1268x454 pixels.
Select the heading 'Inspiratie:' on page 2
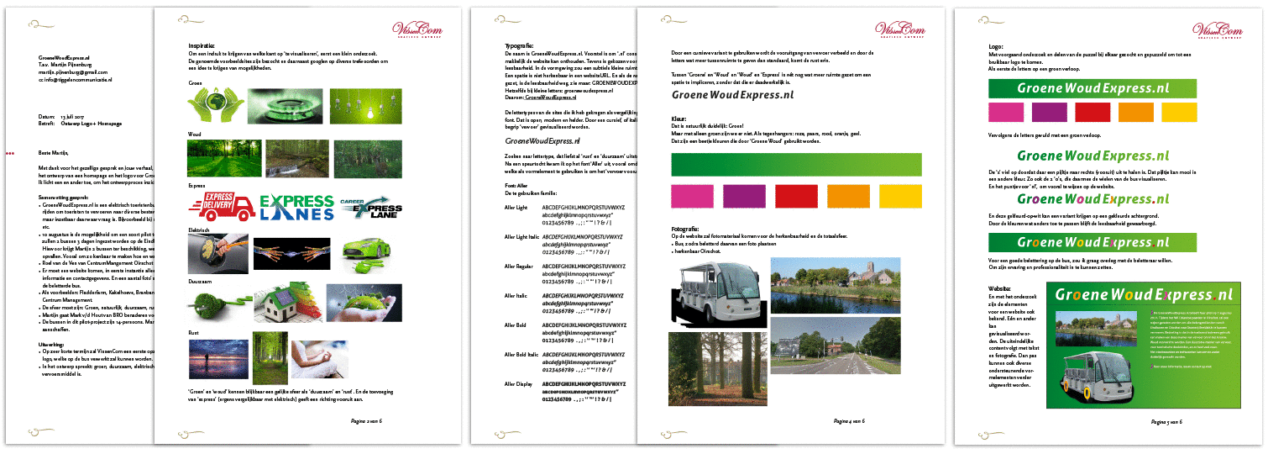(202, 45)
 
